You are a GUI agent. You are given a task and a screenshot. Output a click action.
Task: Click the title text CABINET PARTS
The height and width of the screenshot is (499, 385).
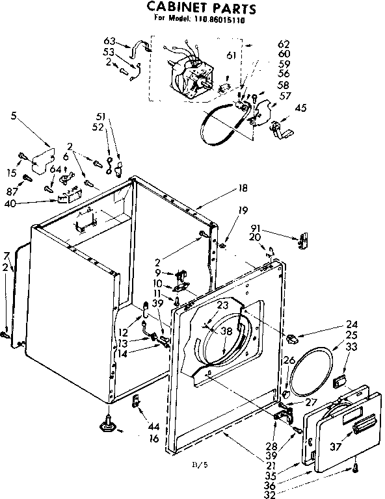pyautogui.click(x=200, y=8)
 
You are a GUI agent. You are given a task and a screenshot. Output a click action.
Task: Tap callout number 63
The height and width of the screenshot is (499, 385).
pyautogui.click(x=109, y=42)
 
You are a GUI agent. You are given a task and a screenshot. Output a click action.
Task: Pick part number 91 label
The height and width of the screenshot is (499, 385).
pyautogui.click(x=255, y=228)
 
